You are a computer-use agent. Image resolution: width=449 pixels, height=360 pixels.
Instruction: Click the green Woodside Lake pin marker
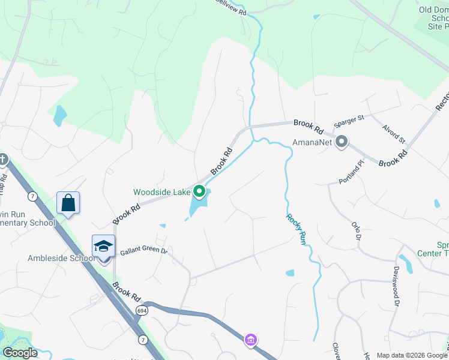point(199,193)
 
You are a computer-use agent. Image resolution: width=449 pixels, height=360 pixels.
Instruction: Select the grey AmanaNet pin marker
point(342,142)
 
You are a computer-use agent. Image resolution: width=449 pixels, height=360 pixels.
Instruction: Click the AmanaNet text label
point(312,143)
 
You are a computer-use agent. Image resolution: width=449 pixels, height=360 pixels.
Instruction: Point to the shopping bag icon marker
point(68,203)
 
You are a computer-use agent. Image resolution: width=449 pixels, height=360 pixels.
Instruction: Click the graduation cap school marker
point(103,246)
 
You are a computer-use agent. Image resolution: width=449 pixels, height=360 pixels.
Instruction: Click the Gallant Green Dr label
point(143,251)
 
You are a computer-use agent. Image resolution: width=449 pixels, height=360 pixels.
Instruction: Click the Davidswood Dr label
point(396,287)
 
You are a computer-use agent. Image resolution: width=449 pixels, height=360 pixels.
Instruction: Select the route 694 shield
point(142,310)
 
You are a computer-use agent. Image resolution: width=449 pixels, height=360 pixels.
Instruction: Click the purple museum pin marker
point(251,340)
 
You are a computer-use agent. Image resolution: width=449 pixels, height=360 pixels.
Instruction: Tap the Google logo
point(20,353)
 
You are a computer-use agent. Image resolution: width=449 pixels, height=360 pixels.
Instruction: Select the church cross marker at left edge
point(3,160)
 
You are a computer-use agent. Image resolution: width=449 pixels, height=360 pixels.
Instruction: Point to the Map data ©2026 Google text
point(412,355)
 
